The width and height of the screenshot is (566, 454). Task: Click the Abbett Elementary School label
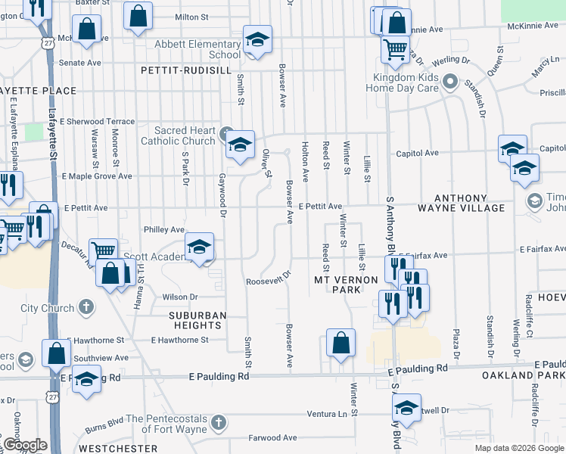[x=197, y=49]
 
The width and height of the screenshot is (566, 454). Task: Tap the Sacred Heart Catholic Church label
[x=179, y=135]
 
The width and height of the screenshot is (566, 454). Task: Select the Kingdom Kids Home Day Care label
[x=402, y=82]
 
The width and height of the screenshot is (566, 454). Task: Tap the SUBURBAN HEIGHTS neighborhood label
[x=185, y=319]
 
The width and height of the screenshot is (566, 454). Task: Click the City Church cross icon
[x=87, y=308]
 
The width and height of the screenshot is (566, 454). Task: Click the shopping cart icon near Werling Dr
[x=395, y=48]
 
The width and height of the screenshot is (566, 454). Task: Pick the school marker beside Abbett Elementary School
[x=257, y=39]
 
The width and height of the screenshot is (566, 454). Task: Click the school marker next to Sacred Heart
[x=240, y=145]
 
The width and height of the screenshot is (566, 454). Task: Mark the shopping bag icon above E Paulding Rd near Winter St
[x=341, y=341]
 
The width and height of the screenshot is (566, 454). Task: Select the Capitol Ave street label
[x=416, y=153]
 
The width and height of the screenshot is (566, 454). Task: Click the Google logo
[x=26, y=445]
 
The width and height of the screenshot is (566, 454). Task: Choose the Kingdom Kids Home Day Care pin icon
[x=451, y=80]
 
